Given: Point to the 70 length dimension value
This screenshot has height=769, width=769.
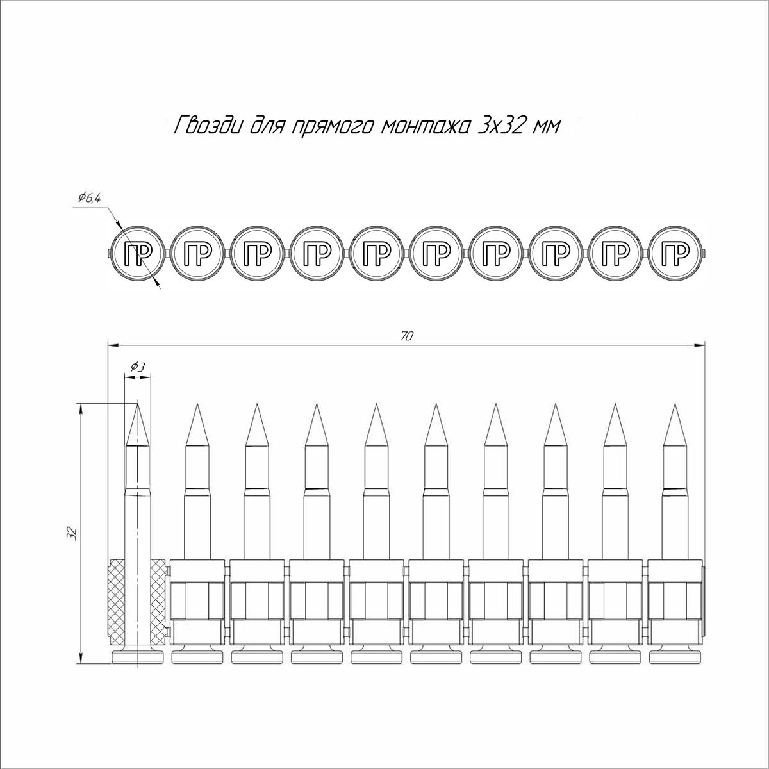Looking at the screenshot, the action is (x=406, y=336).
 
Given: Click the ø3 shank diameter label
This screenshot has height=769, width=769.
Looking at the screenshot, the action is (x=138, y=367).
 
